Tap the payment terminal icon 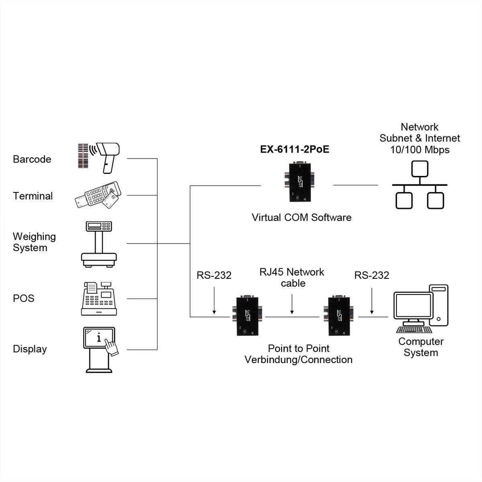click(98, 195)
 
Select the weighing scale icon click(99, 244)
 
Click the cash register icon click(99, 298)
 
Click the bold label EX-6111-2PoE click(294, 149)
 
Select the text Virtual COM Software click(301, 218)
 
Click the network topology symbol click(420, 185)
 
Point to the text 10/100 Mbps click(420, 150)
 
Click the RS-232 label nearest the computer click(372, 275)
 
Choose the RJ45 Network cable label click(292, 278)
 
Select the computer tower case click(439, 305)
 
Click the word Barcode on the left click(32, 159)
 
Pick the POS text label click(24, 298)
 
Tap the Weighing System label click(34, 242)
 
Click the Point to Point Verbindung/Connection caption click(298, 354)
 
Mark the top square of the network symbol click(420, 169)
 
